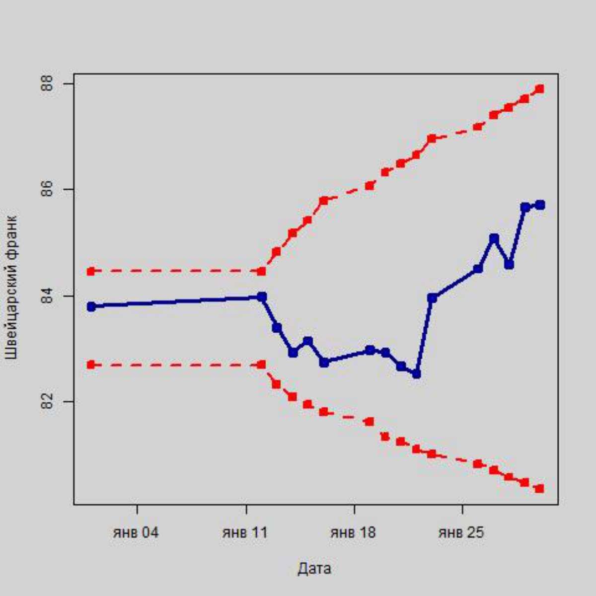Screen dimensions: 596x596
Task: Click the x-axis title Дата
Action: [x=314, y=568]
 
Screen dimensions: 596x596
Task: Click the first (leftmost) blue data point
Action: [x=91, y=307]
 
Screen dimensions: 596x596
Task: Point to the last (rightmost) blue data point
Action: [x=540, y=205]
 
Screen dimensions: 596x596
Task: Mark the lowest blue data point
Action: [x=416, y=373]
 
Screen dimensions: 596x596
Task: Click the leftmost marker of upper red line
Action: [x=91, y=271]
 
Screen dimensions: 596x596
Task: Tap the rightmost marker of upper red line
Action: [x=540, y=89]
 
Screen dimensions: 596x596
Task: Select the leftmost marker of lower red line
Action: [x=91, y=365]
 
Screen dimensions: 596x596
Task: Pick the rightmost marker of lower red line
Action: [x=540, y=489]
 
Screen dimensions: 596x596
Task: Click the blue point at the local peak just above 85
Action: [x=494, y=238]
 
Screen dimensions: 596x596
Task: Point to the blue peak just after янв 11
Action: [x=262, y=297]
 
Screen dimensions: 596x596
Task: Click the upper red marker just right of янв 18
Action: [x=370, y=186]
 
